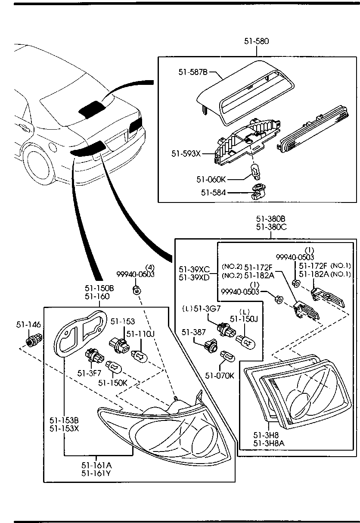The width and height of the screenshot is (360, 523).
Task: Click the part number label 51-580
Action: (256, 41)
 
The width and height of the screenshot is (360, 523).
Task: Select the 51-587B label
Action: (193, 72)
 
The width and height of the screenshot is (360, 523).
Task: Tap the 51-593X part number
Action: (186, 154)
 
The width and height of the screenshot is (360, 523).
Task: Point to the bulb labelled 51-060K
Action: (255, 172)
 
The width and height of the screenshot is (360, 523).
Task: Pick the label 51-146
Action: (28, 324)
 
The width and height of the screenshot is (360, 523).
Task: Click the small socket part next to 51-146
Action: (34, 340)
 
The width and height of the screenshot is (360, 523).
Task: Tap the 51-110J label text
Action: (140, 334)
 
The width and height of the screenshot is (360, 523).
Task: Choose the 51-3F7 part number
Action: (90, 374)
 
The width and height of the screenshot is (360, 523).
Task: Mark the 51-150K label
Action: (113, 383)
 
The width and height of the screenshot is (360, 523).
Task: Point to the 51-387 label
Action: (194, 332)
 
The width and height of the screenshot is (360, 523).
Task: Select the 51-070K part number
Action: (220, 376)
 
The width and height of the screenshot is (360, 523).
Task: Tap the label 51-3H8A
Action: (269, 443)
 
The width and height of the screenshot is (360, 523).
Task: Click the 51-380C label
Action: (271, 227)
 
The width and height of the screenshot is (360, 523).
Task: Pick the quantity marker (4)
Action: (150, 267)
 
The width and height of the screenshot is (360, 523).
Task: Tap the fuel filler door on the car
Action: (53, 146)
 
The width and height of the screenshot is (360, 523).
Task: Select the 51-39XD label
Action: (194, 277)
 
